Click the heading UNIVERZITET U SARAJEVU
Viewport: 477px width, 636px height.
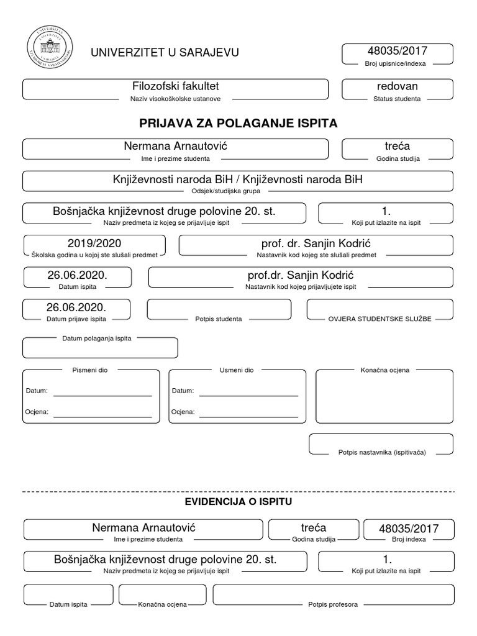coord(164,53)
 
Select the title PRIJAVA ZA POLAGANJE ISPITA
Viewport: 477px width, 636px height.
coord(238,123)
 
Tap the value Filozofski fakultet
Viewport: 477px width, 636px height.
coord(175,86)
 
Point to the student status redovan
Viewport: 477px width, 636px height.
coord(397,86)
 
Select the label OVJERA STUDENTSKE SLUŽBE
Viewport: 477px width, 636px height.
coord(379,319)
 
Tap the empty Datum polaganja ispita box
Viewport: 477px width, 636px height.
coord(99,349)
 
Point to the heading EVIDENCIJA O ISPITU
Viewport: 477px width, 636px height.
coord(238,501)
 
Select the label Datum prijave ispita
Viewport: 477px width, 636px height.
coord(76,319)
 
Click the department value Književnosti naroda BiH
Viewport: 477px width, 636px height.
coord(237,179)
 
